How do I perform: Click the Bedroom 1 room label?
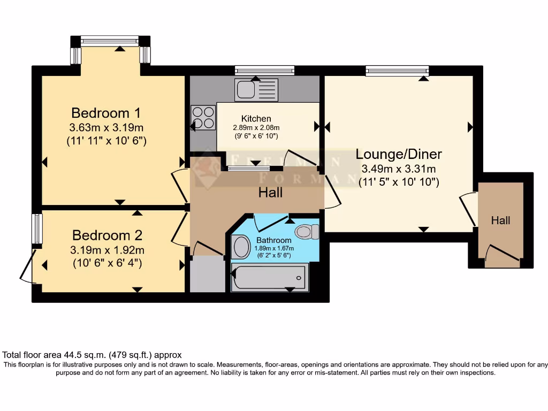pos(106,113)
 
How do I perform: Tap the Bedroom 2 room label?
pos(108,235)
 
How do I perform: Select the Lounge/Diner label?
pos(399,154)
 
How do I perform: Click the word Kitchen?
pos(256,118)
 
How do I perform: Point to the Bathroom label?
pos(273,240)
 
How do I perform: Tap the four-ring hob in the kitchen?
pos(203,118)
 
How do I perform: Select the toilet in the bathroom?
pos(307,231)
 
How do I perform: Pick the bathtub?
pos(270,277)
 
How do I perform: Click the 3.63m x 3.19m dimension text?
pos(106,128)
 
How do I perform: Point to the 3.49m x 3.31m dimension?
pos(399,169)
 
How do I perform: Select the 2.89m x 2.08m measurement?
pos(256,128)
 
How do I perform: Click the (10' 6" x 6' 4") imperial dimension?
pos(108,263)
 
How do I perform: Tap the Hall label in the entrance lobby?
pos(501,220)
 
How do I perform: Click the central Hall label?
pos(270,192)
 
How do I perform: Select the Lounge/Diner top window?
pos(397,70)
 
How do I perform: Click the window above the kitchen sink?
pos(264,70)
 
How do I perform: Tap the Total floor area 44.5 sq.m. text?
pos(92,355)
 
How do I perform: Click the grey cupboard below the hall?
pos(207,273)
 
